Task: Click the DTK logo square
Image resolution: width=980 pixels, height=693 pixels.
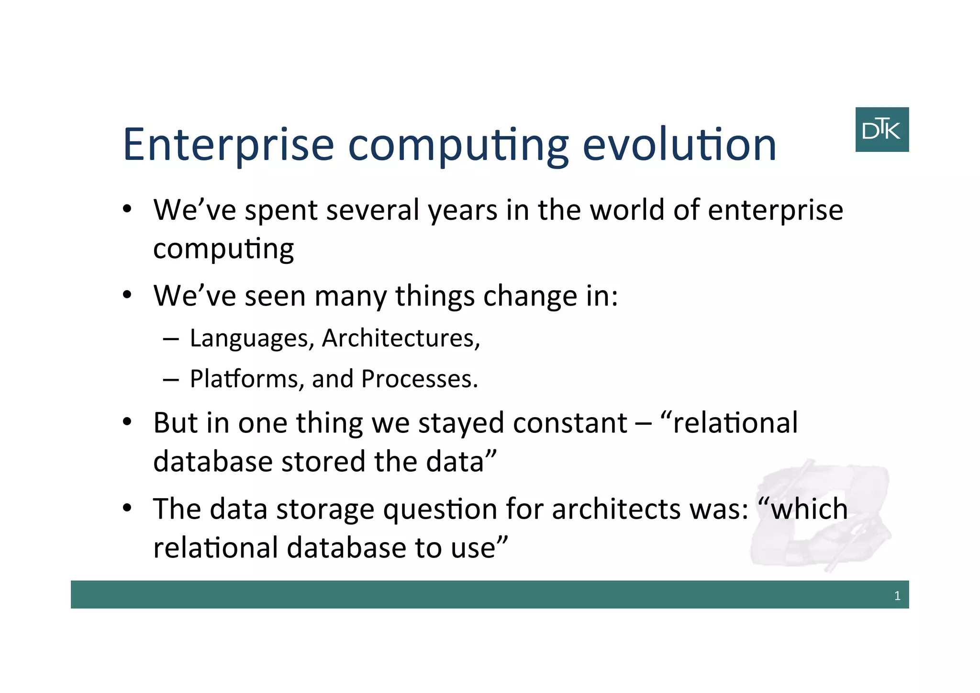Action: pos(881,129)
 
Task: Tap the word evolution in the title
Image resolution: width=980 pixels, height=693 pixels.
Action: pos(679,145)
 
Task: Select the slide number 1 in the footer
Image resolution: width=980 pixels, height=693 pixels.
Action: pos(897,596)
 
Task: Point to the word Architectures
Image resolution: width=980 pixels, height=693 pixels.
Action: pos(401,338)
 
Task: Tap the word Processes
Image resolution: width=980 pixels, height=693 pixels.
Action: pos(419,379)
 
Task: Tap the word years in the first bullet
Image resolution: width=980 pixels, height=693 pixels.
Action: pos(462,211)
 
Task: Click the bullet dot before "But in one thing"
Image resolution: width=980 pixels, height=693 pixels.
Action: pos(126,422)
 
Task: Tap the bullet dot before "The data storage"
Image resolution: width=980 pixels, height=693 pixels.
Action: pos(126,508)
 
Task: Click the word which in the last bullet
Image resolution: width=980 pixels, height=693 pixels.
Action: pos(808,509)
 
